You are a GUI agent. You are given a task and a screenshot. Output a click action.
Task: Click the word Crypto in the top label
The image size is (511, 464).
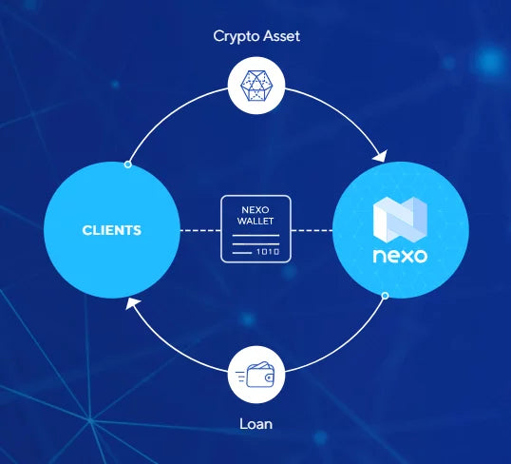(233, 36)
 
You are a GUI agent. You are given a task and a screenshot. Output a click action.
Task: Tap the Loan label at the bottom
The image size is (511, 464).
(255, 424)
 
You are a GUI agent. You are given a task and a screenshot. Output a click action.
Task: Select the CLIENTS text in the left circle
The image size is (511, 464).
(111, 230)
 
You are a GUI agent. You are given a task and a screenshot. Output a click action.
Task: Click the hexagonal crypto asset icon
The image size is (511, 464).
(255, 86)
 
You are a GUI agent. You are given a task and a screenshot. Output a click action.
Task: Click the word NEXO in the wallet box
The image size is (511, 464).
(255, 209)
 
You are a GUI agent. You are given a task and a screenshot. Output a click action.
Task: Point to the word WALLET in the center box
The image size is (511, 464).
(255, 222)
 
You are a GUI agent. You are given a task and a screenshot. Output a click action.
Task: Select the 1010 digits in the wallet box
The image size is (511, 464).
(268, 252)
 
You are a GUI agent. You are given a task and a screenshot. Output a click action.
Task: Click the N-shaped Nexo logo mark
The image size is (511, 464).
(400, 220)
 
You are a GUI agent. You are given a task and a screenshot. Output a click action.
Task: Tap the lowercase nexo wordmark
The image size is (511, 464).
(400, 256)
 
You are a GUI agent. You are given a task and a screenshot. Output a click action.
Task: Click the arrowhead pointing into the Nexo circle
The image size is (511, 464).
(381, 156)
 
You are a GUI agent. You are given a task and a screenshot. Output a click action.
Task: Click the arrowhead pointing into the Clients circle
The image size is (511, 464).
(132, 303)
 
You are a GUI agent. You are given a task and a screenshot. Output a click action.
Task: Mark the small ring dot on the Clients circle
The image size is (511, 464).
(127, 164)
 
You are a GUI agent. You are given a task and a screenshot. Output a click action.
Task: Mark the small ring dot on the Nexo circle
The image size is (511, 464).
(385, 296)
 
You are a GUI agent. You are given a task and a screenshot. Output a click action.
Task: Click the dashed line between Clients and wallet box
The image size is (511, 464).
(200, 230)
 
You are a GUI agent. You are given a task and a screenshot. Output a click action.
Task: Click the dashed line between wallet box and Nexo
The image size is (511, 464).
(312, 230)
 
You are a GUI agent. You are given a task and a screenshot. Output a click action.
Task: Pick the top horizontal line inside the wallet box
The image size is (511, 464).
(255, 235)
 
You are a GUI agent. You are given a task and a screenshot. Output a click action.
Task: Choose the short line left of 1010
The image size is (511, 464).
(242, 253)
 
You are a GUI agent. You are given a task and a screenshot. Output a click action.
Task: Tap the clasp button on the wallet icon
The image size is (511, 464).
(269, 377)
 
